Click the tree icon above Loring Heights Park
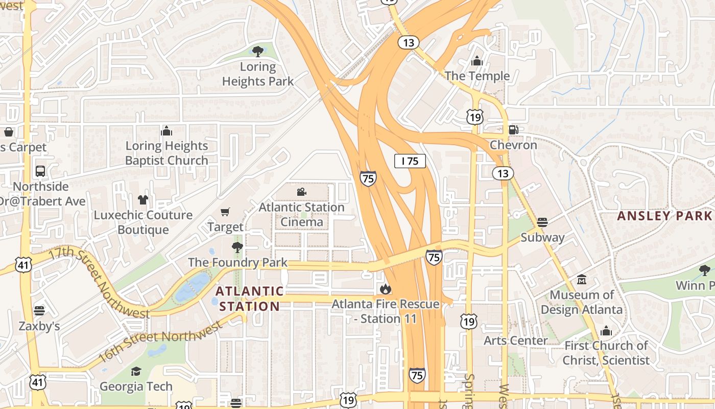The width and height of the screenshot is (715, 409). tap(258, 51)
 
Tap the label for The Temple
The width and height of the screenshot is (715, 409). tap(477, 76)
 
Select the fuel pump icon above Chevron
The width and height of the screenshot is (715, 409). tap(513, 130)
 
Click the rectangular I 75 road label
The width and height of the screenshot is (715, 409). tap(410, 161)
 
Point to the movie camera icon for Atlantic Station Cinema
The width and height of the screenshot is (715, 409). tap(301, 192)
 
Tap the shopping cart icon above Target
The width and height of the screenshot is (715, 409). tap(225, 212)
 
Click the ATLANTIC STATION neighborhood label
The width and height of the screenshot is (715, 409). tap(249, 299)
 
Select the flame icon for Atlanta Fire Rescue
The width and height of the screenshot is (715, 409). tap(386, 289)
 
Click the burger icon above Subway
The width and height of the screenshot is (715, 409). tap(542, 222)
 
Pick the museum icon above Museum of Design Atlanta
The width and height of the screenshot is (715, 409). tap(582, 280)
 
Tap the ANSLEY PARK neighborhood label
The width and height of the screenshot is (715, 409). tap(664, 216)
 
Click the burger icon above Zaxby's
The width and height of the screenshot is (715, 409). tap(39, 311)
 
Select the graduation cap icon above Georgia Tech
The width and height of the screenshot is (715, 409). tap(136, 371)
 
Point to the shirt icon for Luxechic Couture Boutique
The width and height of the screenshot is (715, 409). tap(142, 199)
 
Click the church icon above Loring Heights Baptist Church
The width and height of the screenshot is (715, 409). tap(166, 131)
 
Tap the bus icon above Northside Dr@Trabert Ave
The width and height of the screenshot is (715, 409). tap(40, 171)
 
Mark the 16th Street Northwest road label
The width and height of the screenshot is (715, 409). tap(159, 340)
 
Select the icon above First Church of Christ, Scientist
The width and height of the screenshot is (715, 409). tap(606, 331)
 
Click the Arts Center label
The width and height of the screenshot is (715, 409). tap(515, 340)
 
